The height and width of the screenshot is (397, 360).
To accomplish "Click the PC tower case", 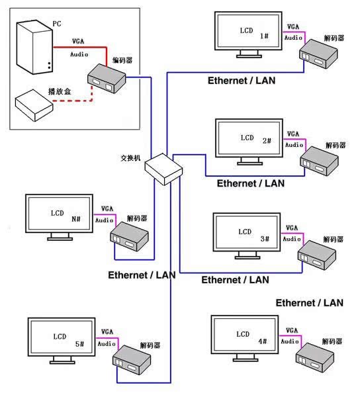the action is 34,48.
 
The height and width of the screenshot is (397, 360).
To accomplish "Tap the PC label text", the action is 57,24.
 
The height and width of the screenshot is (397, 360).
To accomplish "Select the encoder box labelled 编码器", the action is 107,79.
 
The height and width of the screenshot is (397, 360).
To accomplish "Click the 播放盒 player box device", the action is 34,105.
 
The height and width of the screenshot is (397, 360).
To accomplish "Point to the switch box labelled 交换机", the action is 163,169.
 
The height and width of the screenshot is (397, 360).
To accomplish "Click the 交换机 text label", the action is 130,158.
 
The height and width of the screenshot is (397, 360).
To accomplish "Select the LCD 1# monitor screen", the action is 248,31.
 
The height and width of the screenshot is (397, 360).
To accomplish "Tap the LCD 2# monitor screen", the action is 249,138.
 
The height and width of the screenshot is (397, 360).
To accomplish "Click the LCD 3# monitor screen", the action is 247,232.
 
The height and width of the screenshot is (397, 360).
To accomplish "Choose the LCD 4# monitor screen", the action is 245,335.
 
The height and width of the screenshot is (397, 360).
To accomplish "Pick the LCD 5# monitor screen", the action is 62,337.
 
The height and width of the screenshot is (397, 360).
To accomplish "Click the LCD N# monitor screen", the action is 60,214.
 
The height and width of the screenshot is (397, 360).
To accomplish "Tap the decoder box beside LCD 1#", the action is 318,54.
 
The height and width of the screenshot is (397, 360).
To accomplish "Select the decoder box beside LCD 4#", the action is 315,357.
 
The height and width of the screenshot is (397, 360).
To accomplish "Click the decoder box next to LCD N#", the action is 129,236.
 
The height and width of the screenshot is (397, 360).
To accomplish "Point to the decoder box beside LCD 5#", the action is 132,360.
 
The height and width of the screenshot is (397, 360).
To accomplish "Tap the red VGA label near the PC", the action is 78,41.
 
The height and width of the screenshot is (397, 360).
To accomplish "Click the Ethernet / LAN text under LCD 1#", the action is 242,81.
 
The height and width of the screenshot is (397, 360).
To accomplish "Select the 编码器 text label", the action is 122,60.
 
